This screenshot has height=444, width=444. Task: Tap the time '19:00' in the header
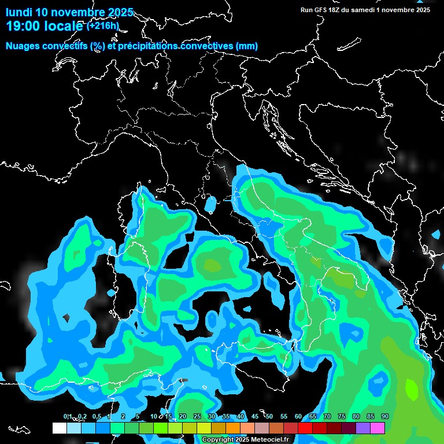pyautogui.click(x=21, y=27)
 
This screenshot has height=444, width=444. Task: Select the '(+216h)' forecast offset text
pyautogui.click(x=103, y=26)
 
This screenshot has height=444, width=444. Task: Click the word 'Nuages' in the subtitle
pyautogui.click(x=23, y=46)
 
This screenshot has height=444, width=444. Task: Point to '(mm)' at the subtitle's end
pyautogui.click(x=246, y=46)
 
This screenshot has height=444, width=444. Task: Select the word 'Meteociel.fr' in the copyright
pyautogui.click(x=268, y=440)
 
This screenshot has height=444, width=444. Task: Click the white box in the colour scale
pyautogui.click(x=59, y=428)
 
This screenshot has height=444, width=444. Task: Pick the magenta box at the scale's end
pyautogui.click(x=378, y=428)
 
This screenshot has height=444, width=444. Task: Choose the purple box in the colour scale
pyautogui.click(x=363, y=428)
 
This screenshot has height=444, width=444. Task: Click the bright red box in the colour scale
pyautogui.click(x=305, y=428)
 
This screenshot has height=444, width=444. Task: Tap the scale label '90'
pyautogui.click(x=384, y=417)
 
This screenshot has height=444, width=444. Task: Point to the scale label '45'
pyautogui.click(x=255, y=417)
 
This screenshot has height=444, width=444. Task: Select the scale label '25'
pyautogui.click(x=197, y=417)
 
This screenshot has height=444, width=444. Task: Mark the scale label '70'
pyautogui.click(x=327, y=417)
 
